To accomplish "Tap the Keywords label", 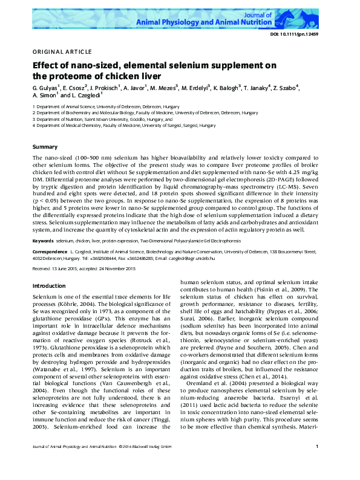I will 42,240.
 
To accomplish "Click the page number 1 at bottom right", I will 317,464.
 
